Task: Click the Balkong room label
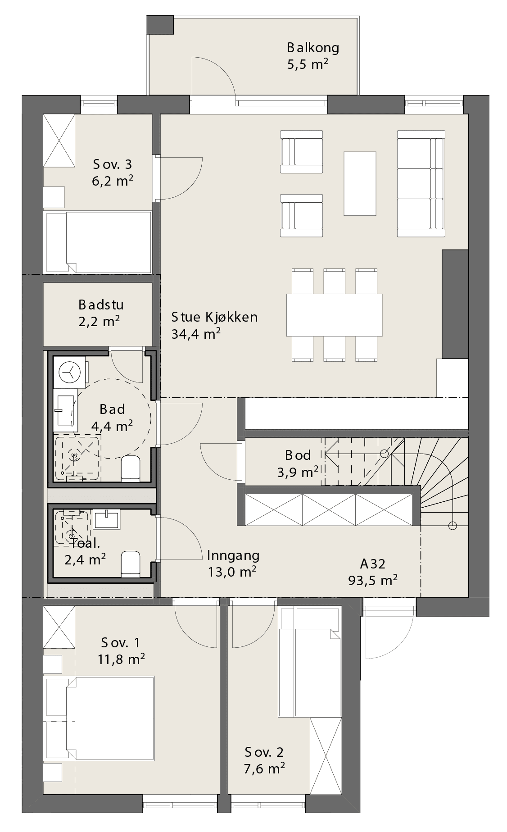(x=313, y=47)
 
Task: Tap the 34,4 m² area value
(x=196, y=334)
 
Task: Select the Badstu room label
(x=101, y=305)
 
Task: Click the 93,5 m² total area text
(x=373, y=580)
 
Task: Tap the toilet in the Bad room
(x=131, y=468)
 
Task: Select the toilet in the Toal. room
(x=131, y=564)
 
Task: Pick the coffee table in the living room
(x=360, y=183)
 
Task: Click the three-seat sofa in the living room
(x=421, y=183)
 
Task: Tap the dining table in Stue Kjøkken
(x=334, y=315)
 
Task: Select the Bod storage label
(x=298, y=455)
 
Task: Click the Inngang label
(x=233, y=555)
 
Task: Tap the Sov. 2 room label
(x=264, y=752)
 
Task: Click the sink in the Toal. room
(x=106, y=519)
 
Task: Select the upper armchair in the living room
(x=301, y=152)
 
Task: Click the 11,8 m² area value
(x=121, y=659)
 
